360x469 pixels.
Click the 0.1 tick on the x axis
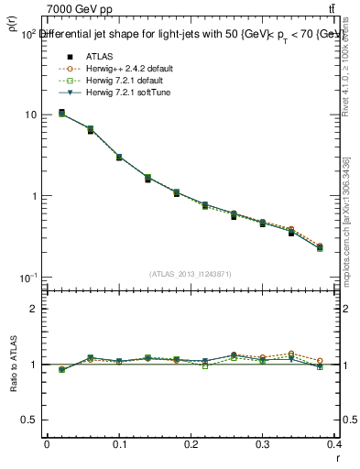point(119,443)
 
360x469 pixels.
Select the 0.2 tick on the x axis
point(191,443)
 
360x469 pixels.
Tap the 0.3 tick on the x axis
point(264,443)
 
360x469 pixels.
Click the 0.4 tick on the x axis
point(335,443)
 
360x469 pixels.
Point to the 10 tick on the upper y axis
point(31,115)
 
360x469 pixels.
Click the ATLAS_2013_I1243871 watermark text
point(191,275)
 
